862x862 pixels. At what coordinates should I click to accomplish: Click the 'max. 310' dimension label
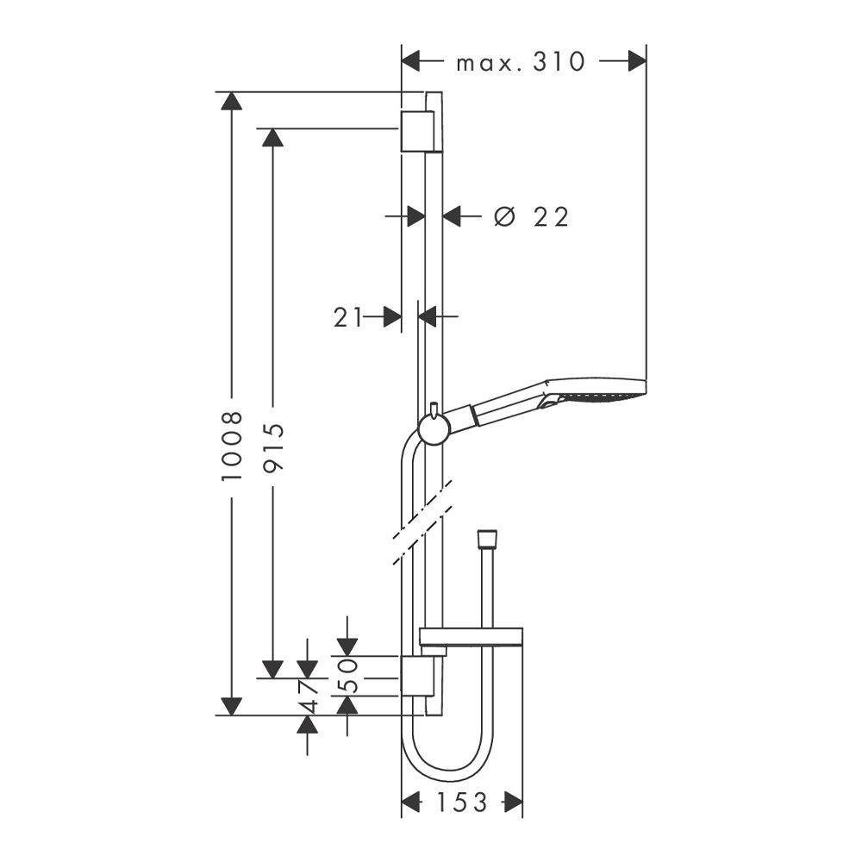click(521, 62)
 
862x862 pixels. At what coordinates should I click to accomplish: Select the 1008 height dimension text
click(232, 446)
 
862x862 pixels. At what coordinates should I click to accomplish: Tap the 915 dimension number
click(273, 447)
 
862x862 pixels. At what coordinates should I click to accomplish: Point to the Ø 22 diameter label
click(531, 217)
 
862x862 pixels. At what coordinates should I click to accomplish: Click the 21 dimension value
click(347, 317)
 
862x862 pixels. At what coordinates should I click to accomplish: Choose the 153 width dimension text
click(462, 803)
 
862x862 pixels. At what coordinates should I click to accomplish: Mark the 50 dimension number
click(347, 676)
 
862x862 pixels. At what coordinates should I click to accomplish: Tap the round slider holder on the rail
click(434, 428)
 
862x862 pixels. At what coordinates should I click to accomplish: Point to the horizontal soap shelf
click(471, 636)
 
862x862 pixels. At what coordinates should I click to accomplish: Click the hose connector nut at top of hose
click(487, 539)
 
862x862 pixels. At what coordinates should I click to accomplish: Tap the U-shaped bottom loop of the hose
click(447, 759)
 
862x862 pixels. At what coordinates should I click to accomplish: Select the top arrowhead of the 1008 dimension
click(231, 101)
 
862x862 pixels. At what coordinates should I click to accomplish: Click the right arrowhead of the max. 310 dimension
click(637, 61)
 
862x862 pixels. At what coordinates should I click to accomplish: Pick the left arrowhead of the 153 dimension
click(411, 803)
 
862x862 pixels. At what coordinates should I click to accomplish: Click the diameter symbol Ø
click(504, 216)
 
